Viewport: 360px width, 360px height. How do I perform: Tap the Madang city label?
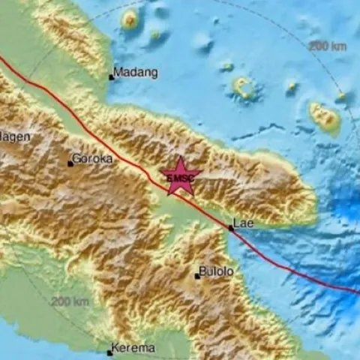(x=136, y=73)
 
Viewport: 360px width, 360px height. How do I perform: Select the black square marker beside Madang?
(x=112, y=76)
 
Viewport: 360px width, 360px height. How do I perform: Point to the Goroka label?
(x=93, y=160)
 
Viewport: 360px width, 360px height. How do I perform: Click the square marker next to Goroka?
(x=70, y=162)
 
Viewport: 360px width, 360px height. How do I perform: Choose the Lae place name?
(x=244, y=223)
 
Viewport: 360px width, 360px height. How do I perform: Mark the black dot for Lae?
(x=231, y=227)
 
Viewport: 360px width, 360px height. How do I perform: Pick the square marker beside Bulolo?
(x=197, y=276)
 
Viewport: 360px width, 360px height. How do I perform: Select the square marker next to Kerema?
(x=110, y=351)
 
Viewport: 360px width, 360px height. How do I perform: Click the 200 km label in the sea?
(x=327, y=46)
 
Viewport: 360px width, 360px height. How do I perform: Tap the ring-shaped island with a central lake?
(x=244, y=88)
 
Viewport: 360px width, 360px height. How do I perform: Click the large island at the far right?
(x=325, y=117)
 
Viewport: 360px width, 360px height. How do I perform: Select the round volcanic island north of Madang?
(x=130, y=20)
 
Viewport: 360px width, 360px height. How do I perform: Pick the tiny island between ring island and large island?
(x=291, y=86)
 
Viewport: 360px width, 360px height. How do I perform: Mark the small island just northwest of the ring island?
(x=226, y=67)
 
